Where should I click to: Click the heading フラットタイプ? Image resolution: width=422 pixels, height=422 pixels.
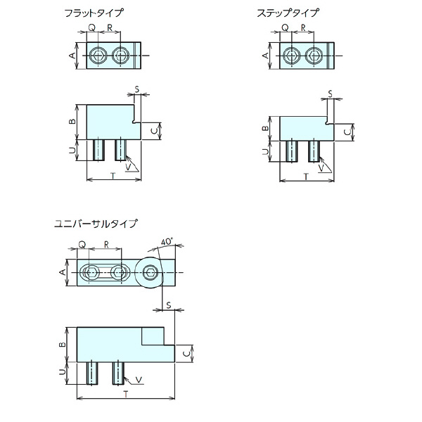[x=94, y=13]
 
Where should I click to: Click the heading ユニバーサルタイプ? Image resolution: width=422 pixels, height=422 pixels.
[x=96, y=225]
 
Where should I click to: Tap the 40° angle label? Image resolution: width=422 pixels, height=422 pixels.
[x=166, y=241]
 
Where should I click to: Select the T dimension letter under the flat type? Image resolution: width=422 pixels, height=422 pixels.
[x=113, y=176]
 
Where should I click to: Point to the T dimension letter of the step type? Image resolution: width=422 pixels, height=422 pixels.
[x=306, y=177]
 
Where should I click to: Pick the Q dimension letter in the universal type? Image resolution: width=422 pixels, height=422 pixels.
[x=82, y=244]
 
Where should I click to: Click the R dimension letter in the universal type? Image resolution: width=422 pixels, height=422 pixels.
[x=106, y=244]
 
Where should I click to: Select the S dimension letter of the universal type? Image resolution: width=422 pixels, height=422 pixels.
[x=169, y=305]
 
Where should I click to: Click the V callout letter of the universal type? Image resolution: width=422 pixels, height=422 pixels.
[x=138, y=381]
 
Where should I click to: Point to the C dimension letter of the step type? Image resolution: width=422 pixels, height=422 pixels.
[x=347, y=131]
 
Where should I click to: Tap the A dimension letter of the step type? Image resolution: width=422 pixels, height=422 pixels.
[x=266, y=55]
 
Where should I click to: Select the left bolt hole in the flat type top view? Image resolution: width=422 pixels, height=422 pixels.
[x=98, y=55]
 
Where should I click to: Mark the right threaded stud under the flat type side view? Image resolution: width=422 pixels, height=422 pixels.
[x=121, y=148]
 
